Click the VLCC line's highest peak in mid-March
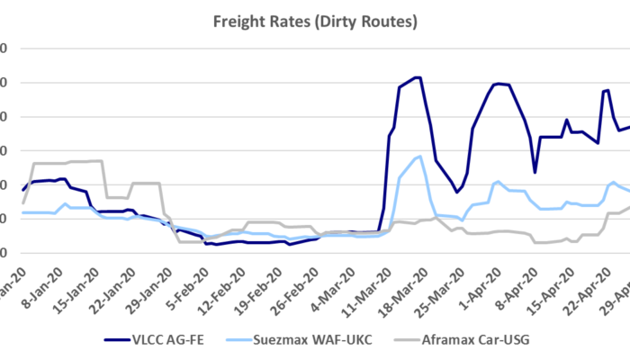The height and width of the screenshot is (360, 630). click(417, 77)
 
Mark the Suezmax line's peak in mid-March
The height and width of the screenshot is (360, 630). click(420, 157)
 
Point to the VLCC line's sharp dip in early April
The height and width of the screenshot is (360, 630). click(535, 172)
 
